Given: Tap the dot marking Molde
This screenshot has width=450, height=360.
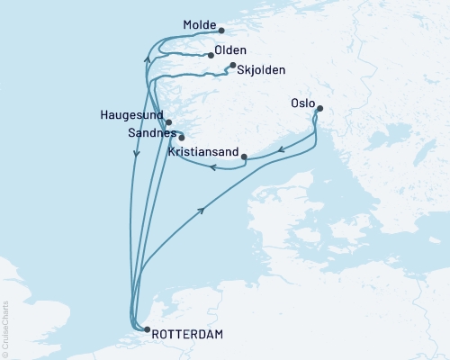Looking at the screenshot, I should point(222,30).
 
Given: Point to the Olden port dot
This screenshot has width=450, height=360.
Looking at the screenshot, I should point(211,55).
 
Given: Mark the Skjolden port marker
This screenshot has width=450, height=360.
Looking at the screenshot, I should point(232,66).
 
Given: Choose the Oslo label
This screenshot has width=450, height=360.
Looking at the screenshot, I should point(303,103).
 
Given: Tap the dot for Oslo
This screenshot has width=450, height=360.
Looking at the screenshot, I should point(318,110).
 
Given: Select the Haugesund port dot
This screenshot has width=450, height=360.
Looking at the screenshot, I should point(168,121).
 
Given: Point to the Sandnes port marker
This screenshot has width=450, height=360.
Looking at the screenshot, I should point(181,138).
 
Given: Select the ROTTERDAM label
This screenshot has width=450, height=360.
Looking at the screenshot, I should point(188,334).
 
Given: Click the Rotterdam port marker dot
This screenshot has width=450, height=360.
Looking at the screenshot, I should point(147,330).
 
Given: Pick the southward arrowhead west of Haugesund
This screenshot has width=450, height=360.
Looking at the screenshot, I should point(136,154).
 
